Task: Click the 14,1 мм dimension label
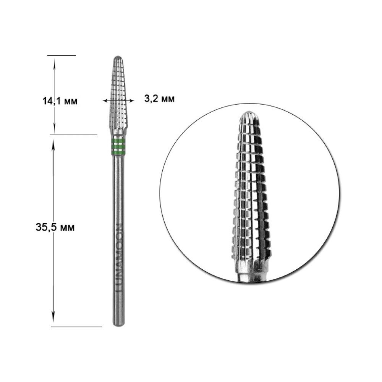(60, 100)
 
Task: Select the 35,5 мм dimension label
(55, 227)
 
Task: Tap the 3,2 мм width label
(159, 99)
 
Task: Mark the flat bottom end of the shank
(118, 325)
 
